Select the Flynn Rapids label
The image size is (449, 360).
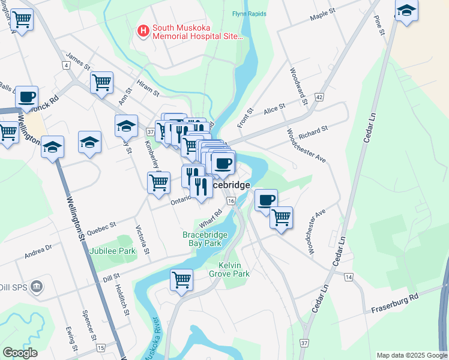(x=248, y=13)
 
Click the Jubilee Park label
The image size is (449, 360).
(x=113, y=251)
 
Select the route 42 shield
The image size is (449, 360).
(x=319, y=97)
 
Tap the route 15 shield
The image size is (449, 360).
(x=100, y=348)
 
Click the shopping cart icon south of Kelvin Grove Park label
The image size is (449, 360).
(x=181, y=280)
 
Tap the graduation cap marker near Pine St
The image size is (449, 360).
(x=406, y=10)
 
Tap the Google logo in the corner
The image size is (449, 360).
(x=20, y=353)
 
